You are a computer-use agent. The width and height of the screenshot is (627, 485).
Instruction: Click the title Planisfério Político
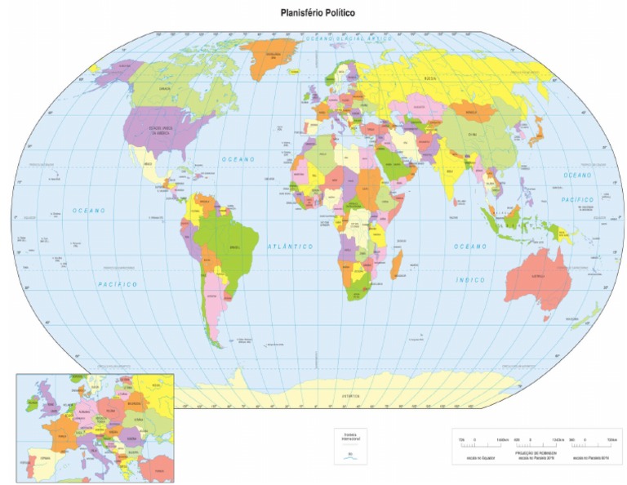click(x=318, y=14)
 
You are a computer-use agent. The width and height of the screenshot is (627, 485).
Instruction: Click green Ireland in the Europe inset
click(x=33, y=401)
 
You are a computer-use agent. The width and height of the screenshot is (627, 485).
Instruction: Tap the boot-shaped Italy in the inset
click(x=104, y=444)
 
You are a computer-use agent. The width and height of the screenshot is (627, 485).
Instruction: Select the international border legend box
click(x=350, y=448)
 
